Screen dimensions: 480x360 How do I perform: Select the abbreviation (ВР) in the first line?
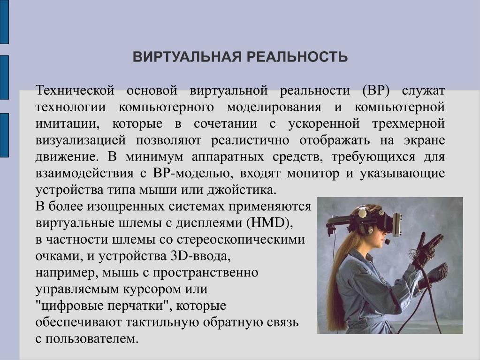(376, 91)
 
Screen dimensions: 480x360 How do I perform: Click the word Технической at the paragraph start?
(75, 91)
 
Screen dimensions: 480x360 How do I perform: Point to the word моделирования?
(274, 107)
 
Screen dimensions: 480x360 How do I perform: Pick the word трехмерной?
(408, 124)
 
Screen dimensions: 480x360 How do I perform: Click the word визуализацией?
(81, 140)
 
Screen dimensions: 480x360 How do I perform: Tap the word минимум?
(154, 157)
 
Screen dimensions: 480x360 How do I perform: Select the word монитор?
(313, 174)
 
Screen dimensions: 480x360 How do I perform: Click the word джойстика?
(242, 190)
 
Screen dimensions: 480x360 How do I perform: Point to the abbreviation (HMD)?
(269, 223)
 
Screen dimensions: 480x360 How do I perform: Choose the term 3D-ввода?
(200, 256)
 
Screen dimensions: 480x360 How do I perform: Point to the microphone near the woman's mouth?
(387, 242)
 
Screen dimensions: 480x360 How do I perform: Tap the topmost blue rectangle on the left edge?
(4, 22)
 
